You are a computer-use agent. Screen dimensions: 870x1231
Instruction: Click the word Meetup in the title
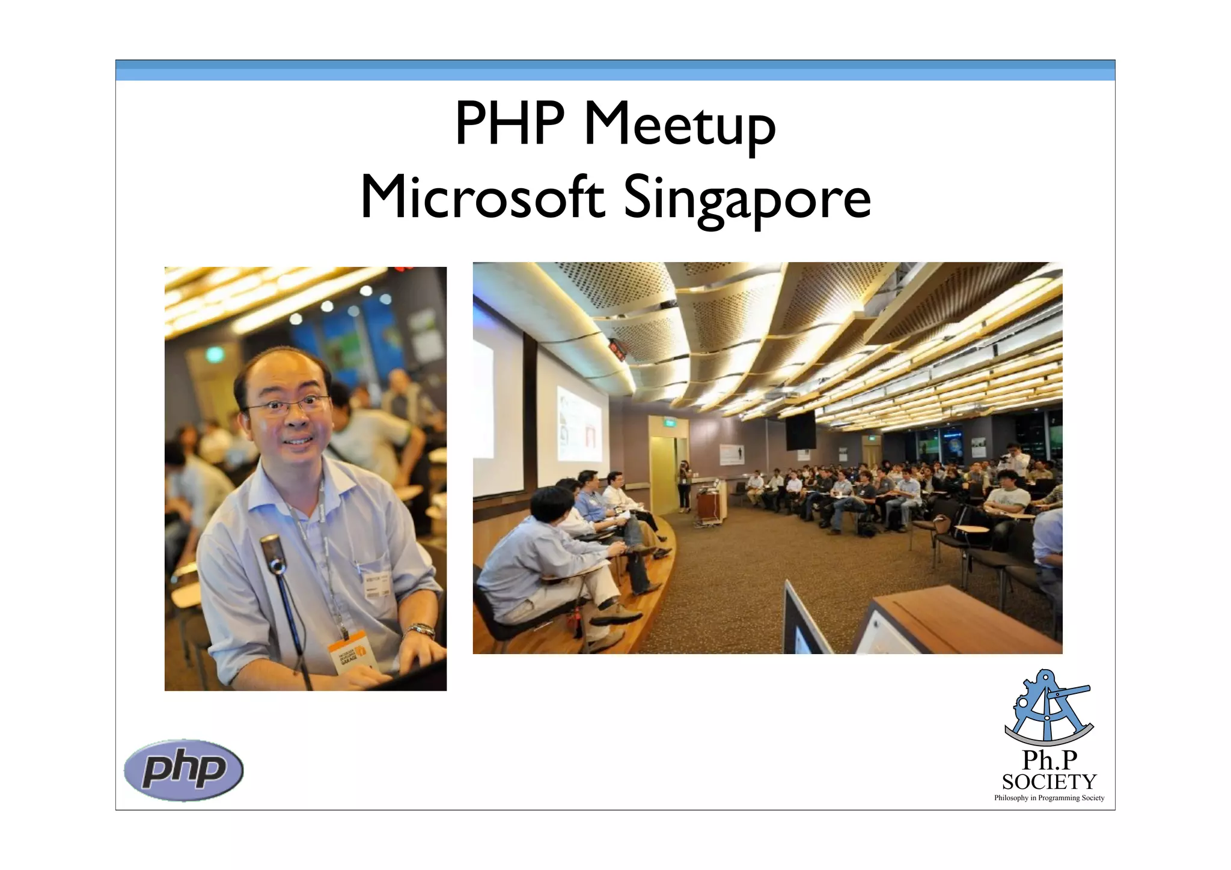pos(680,125)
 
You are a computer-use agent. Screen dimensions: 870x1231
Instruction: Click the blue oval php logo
pos(183,770)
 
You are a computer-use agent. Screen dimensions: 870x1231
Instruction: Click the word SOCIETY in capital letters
pos(1049,782)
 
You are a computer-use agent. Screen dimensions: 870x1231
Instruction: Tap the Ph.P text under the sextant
pos(1049,760)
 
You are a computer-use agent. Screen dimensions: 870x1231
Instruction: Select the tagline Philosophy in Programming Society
pos(1049,798)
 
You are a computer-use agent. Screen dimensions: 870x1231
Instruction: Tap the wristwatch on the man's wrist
pos(421,631)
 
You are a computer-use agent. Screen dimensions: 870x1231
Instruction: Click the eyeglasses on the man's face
pos(289,406)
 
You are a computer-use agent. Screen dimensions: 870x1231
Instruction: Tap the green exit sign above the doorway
pos(669,423)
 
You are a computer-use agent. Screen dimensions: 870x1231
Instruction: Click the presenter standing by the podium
pos(684,486)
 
